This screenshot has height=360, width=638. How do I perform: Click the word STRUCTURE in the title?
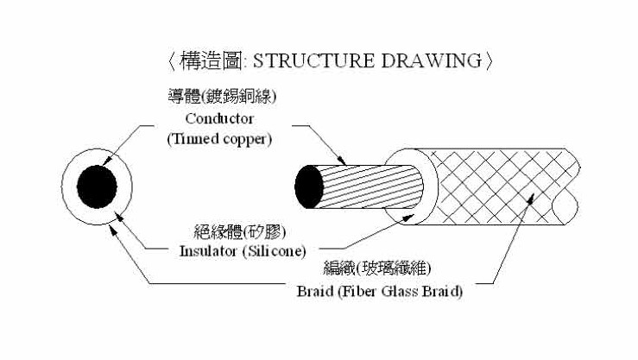(313, 61)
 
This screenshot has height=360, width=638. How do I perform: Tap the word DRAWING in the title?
(432, 61)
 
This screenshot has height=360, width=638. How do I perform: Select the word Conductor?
(219, 119)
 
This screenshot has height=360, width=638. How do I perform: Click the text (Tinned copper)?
(219, 139)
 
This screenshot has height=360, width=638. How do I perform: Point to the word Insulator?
(208, 251)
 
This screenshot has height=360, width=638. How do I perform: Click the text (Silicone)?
(275, 251)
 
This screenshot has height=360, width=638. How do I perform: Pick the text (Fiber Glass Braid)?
(401, 291)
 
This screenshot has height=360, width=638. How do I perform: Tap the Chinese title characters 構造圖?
(211, 61)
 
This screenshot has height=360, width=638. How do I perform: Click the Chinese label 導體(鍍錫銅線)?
(222, 97)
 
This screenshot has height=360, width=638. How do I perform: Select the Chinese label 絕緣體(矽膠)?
(240, 232)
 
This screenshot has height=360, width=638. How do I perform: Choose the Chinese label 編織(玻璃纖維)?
(377, 268)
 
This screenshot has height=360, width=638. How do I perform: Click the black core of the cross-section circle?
(97, 187)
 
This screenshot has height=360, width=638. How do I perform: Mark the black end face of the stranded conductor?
(309, 187)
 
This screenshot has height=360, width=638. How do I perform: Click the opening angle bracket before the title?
(172, 61)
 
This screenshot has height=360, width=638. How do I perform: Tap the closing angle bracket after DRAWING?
(489, 61)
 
